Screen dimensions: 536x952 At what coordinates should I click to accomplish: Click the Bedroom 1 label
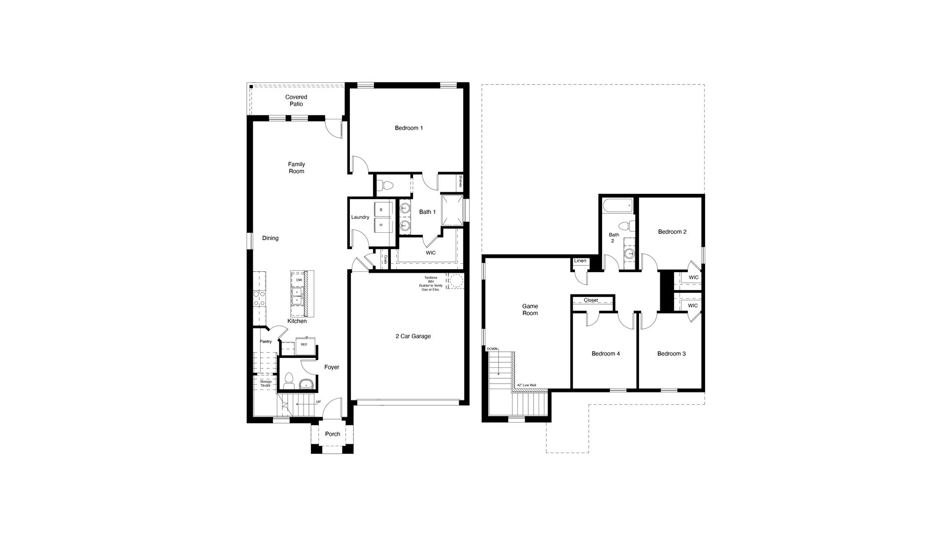tap(408, 128)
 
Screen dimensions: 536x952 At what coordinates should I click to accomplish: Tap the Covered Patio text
tap(296, 101)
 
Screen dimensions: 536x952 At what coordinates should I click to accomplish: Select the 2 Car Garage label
tap(412, 336)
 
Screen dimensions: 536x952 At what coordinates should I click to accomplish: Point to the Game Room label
tap(530, 310)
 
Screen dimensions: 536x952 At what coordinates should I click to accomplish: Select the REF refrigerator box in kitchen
tap(304, 345)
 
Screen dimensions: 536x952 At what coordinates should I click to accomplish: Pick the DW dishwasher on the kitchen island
tap(299, 280)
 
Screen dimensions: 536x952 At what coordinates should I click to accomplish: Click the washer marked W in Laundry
tap(382, 210)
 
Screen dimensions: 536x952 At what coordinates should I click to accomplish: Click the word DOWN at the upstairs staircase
tap(492, 349)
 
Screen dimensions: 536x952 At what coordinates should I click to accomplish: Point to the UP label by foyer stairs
tap(318, 402)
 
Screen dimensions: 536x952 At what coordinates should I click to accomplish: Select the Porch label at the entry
tap(333, 434)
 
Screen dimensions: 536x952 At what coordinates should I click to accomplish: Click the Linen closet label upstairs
tap(580, 261)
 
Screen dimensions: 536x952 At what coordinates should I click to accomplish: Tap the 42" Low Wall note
tap(527, 386)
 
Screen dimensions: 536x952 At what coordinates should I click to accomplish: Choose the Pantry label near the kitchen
tap(266, 341)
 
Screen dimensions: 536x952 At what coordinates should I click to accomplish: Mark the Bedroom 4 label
tap(606, 354)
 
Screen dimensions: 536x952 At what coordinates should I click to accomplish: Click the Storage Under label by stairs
tap(266, 383)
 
